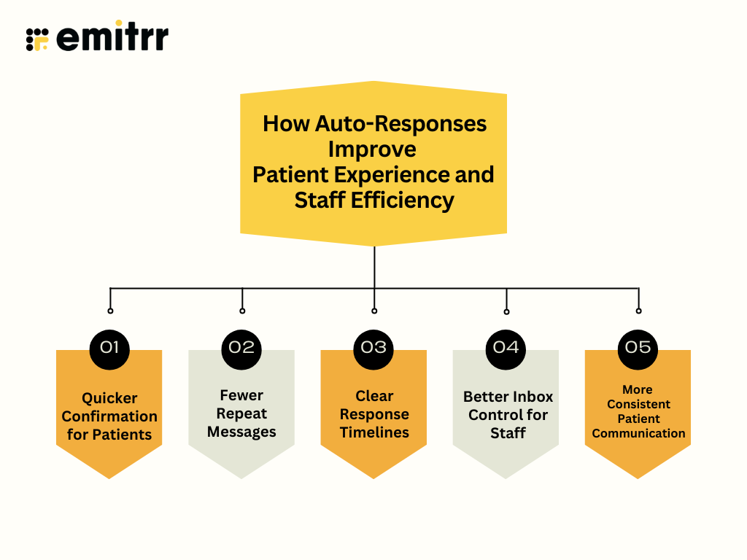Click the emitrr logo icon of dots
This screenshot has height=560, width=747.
pos(37,39)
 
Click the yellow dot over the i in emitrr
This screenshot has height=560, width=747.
pos(120,24)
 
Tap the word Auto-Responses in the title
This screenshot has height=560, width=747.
pos(400,123)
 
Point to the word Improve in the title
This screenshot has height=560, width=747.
pos(372,149)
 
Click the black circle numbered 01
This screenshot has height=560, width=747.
pos(109,347)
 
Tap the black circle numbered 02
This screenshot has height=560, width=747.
pos(241,347)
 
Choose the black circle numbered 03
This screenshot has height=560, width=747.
pos(373,347)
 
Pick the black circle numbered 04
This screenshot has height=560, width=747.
pos(506,347)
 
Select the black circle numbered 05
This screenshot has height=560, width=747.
pos(638,347)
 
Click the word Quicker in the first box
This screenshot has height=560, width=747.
pos(109,398)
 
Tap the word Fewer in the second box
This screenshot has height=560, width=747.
pos(241,395)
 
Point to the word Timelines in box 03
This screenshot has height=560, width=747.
pos(373,432)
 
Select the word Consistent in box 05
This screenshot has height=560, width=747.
pos(638,404)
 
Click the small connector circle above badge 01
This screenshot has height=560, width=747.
pos(110,311)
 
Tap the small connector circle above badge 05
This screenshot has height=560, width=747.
pos(638,311)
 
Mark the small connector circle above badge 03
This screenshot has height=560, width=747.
pos(374,311)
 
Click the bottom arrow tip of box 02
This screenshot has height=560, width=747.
pos(241,477)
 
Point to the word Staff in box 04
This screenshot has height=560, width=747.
pos(508,433)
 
